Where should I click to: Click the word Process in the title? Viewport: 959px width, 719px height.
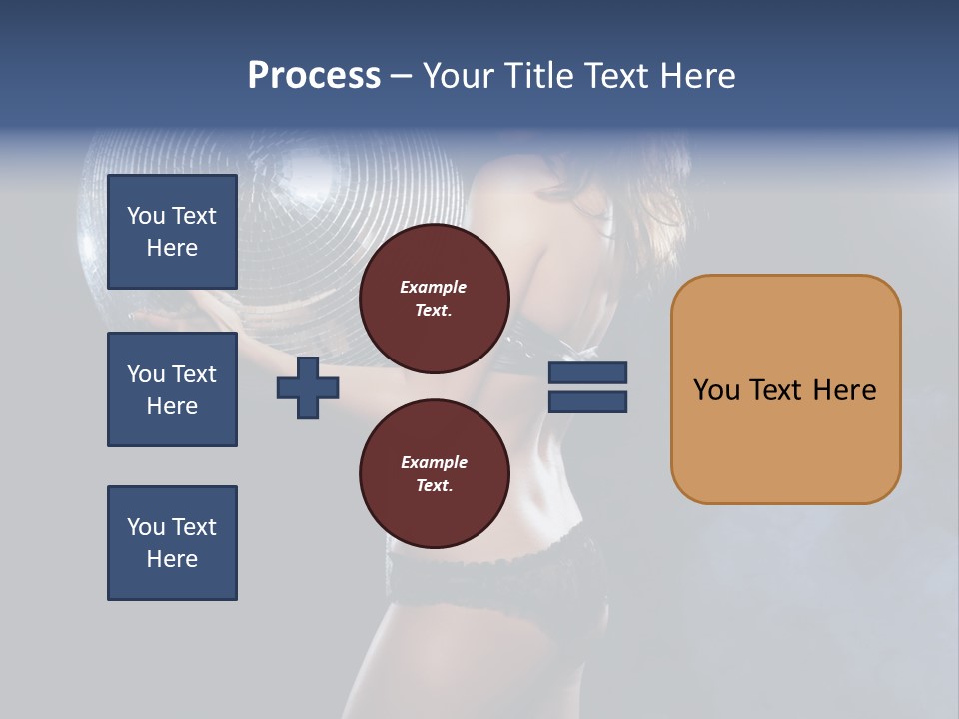tap(314, 76)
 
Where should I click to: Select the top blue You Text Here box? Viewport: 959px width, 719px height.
tap(172, 232)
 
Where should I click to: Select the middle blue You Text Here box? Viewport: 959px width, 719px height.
tap(172, 389)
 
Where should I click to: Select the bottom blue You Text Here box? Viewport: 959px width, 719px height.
tap(172, 543)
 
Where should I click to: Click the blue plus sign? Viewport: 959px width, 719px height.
tap(308, 388)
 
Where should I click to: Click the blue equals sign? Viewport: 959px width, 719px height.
tap(587, 387)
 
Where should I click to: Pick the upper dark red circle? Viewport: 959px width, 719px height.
tap(434, 299)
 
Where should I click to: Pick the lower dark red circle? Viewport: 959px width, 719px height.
tap(434, 474)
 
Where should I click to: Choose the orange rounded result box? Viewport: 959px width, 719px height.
tap(785, 389)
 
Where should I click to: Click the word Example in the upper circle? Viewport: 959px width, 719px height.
tap(434, 287)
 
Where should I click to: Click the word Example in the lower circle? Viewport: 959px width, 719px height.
tap(434, 462)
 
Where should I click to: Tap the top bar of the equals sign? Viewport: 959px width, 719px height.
tap(587, 373)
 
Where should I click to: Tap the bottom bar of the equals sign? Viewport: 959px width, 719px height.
tap(587, 402)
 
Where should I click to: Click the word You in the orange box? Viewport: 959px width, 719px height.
tap(715, 390)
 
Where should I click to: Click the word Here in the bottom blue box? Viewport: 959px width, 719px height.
tap(172, 559)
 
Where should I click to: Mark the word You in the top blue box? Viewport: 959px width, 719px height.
tap(146, 216)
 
